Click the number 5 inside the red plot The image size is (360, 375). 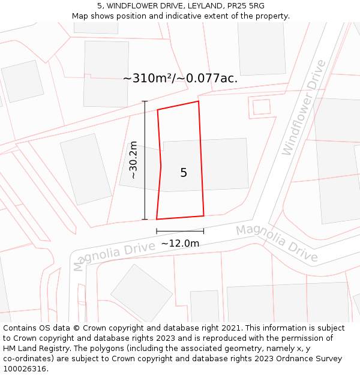(184, 173)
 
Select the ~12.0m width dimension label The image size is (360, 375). (180, 243)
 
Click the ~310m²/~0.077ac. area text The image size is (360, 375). (180, 79)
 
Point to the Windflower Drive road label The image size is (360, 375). (304, 107)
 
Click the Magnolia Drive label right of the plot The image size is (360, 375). (277, 242)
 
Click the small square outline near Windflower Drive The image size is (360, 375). (262, 107)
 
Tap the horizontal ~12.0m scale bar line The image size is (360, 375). (180, 231)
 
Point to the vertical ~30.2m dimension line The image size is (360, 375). (145, 160)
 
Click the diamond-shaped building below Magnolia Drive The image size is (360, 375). (142, 292)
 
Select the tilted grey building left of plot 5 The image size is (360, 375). (86, 169)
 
